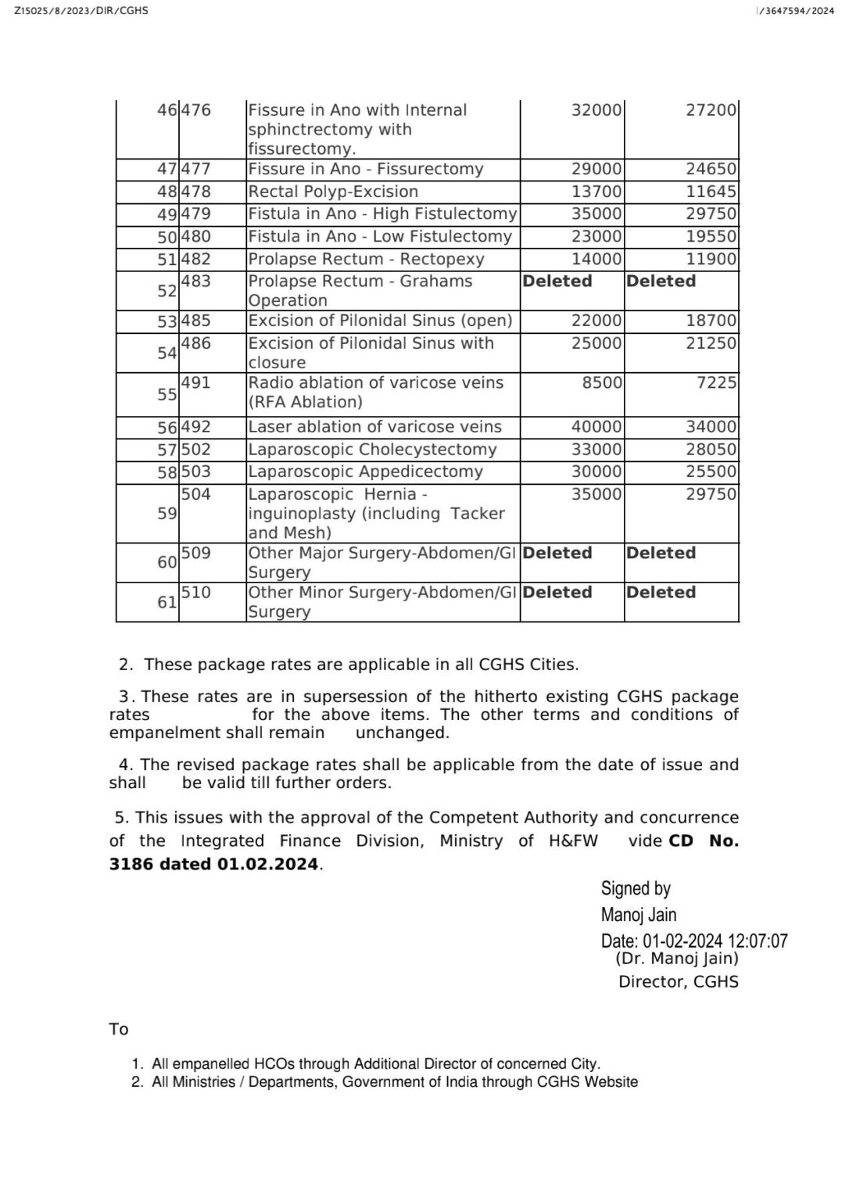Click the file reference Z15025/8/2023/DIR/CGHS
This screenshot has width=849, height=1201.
pos(81,10)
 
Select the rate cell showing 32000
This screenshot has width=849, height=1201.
pos(596,110)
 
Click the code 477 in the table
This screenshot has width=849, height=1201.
pos(196,169)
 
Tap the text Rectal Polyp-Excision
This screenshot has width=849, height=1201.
pos(333,192)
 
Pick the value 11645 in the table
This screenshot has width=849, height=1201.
pos(711,192)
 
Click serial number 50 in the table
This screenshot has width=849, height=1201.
pos(167,237)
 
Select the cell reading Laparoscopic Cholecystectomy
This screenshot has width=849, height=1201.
pos(372,450)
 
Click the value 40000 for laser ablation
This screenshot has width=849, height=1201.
pos(596,427)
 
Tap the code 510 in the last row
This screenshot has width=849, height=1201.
pos(196,593)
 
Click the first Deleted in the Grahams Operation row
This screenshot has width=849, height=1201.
pos(557,281)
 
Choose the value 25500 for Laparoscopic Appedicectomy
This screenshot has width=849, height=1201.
pos(711,472)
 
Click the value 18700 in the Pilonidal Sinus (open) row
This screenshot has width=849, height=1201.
pos(711,321)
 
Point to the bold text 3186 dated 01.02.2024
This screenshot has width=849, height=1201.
pos(214,864)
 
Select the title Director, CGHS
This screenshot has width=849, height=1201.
pos(678,982)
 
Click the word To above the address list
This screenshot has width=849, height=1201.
pos(119,1029)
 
